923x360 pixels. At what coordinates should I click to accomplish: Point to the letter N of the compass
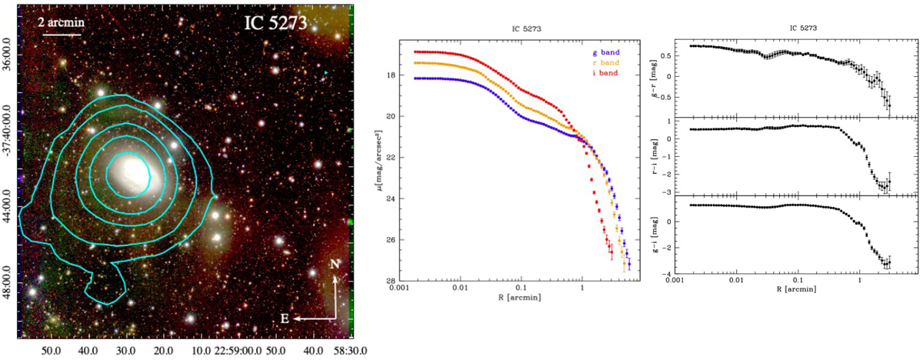(335, 264)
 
